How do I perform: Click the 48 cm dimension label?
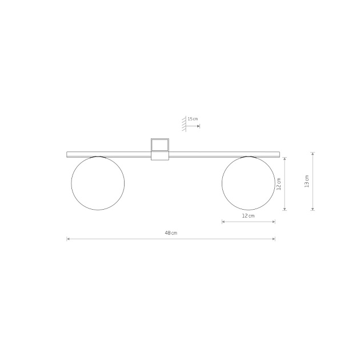[171, 233]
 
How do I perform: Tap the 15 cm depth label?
[193, 119]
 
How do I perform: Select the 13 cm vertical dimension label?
[307, 181]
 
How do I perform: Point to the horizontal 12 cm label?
[249, 216]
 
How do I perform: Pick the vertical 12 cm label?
[279, 184]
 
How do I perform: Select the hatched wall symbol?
[184, 124]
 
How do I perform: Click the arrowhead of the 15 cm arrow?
[199, 126]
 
